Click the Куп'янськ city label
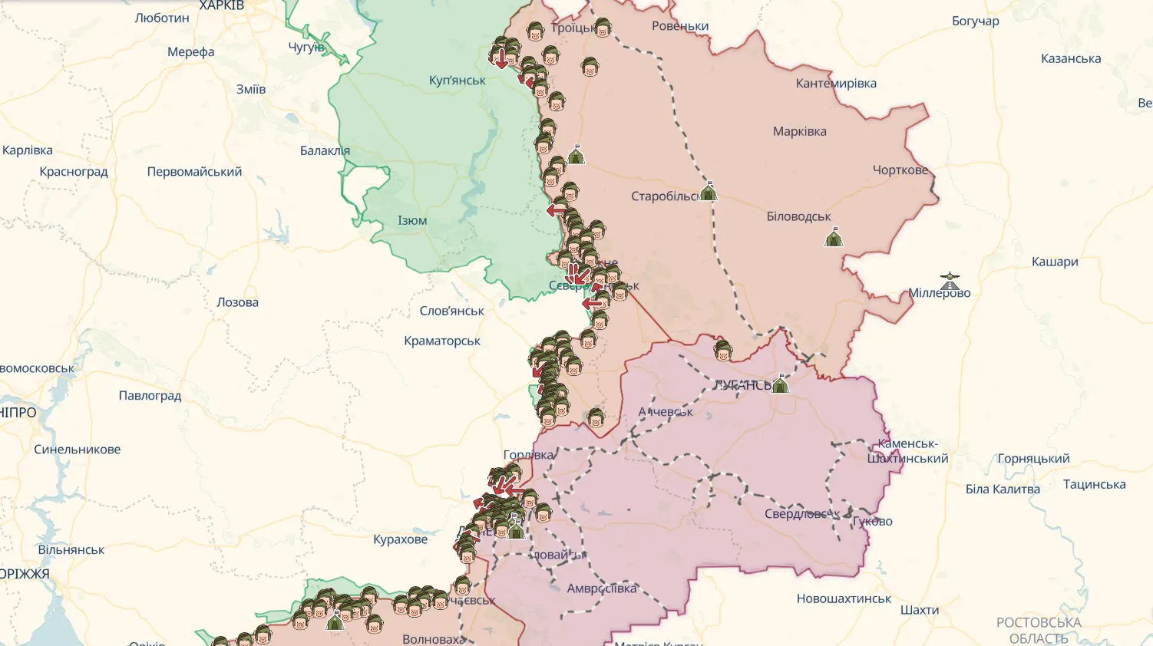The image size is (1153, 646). click(x=457, y=81)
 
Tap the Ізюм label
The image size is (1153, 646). click(x=412, y=221)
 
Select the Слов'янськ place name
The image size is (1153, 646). click(x=451, y=311)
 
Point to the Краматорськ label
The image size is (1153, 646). click(x=442, y=341)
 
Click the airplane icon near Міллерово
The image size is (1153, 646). click(x=950, y=280)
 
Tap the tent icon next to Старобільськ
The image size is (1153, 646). click(x=709, y=191)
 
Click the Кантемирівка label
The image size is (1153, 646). click(x=836, y=84)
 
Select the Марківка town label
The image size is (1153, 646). click(x=799, y=131)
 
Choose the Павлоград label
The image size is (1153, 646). click(x=150, y=396)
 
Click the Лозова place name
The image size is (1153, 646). click(x=237, y=302)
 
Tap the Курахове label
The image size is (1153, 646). click(x=400, y=539)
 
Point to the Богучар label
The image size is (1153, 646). click(x=975, y=21)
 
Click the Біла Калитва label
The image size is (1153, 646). click(x=1003, y=489)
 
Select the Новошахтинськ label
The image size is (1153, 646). click(x=844, y=598)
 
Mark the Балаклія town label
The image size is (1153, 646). click(x=325, y=151)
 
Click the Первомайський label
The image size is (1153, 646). click(x=194, y=172)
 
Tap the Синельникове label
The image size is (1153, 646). click(x=77, y=450)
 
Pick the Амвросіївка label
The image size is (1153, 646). click(x=602, y=588)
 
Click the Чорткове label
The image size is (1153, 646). click(x=900, y=170)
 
